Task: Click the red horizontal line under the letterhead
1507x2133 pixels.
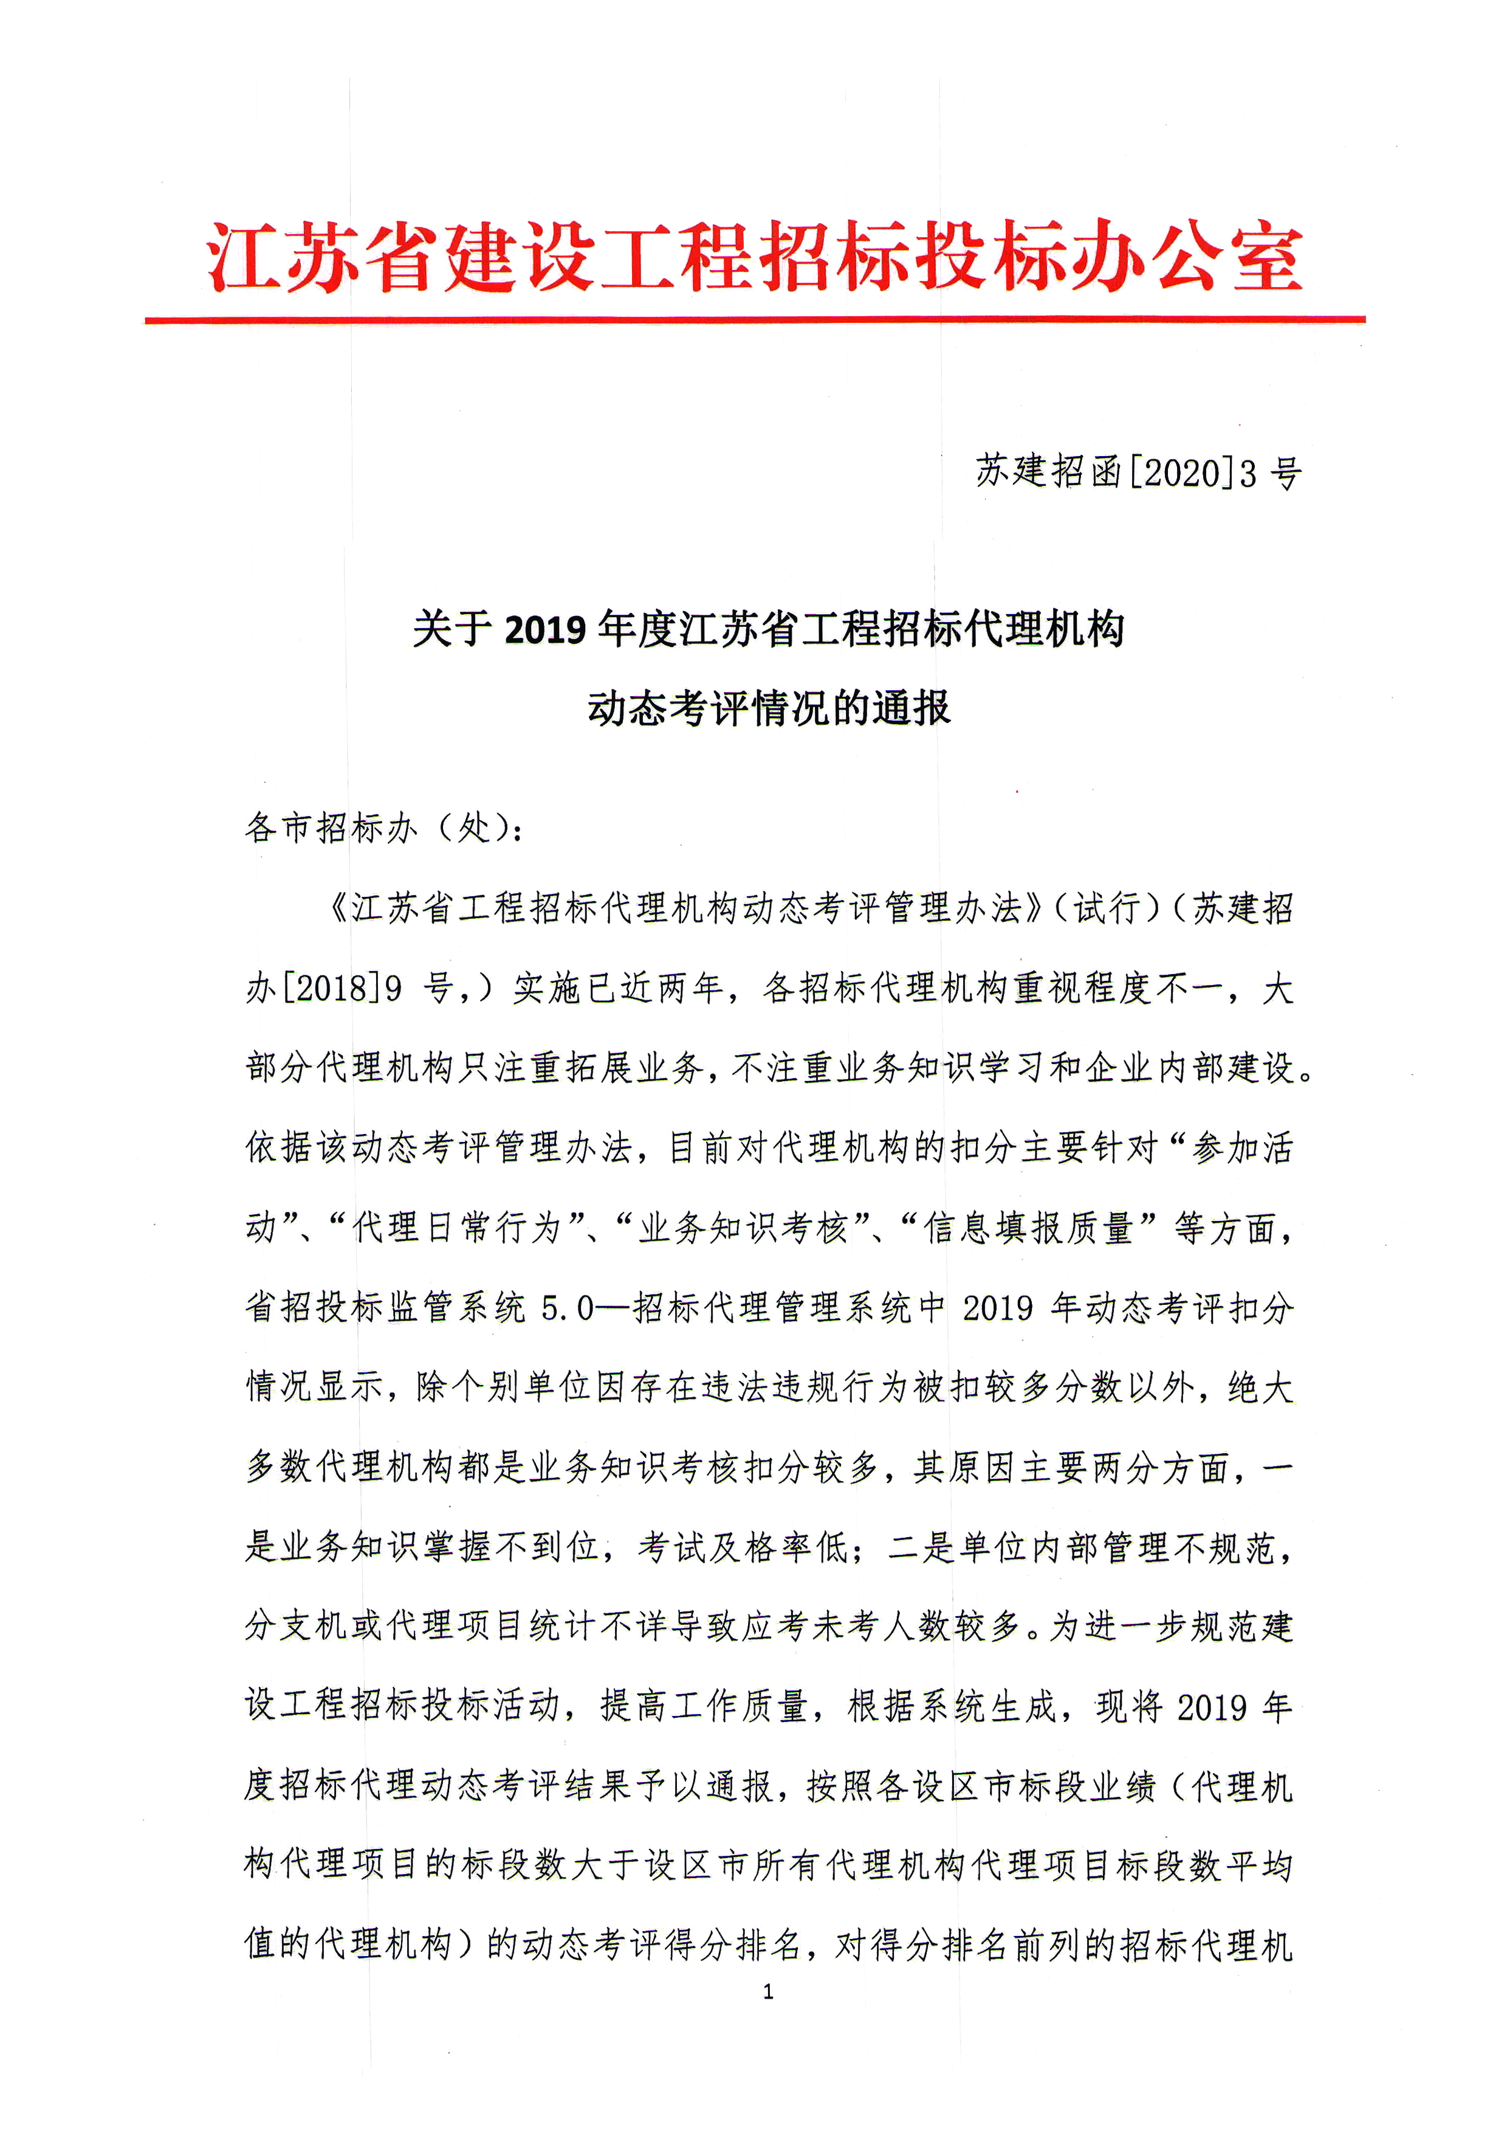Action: pyautogui.click(x=754, y=320)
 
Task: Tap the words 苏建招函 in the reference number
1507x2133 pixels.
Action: pyautogui.click(x=1049, y=472)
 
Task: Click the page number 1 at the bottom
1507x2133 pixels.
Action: pyautogui.click(x=767, y=1991)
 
